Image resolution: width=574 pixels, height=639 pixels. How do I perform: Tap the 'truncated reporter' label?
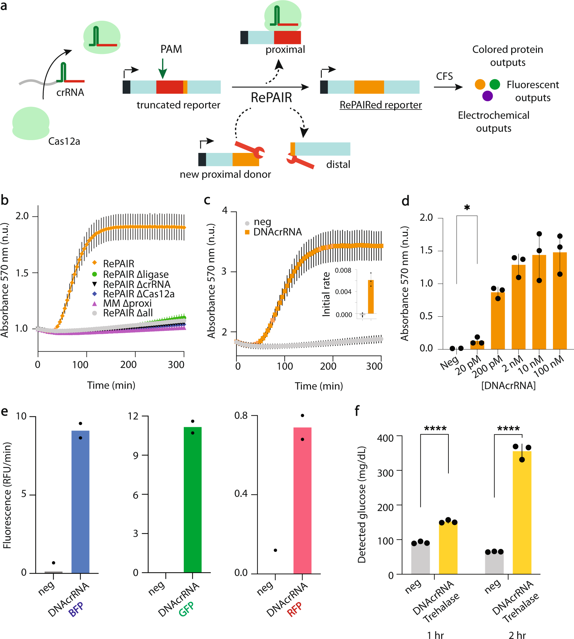(178, 105)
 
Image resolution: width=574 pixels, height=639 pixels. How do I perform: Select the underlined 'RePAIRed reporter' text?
(380, 105)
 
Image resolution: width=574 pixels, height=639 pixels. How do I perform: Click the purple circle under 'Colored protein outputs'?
(487, 96)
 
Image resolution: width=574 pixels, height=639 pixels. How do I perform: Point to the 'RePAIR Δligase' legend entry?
(135, 274)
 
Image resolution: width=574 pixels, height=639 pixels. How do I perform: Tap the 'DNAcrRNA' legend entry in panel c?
(277, 232)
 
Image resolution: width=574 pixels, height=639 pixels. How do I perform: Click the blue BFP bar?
(80, 501)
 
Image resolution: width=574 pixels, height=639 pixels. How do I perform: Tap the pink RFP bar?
(302, 500)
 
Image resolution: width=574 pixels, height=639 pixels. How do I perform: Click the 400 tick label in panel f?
(385, 438)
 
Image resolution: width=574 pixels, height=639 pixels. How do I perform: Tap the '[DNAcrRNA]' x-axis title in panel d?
(508, 385)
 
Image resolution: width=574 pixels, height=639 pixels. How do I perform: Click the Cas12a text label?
(64, 141)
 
